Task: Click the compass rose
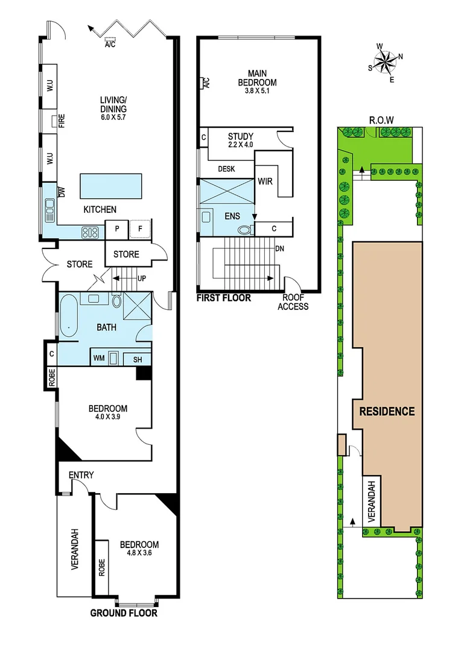pyautogui.click(x=384, y=61)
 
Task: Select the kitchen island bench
pyautogui.click(x=111, y=185)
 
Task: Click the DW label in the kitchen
pyautogui.click(x=61, y=192)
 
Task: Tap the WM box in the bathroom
pyautogui.click(x=98, y=358)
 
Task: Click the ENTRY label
pyautogui.click(x=81, y=475)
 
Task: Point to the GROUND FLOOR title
pyautogui.click(x=124, y=614)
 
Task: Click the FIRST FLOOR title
pyautogui.click(x=223, y=298)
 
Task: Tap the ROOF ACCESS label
pyautogui.click(x=293, y=302)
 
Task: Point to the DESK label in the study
pyautogui.click(x=226, y=169)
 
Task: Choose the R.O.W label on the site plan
pyautogui.click(x=381, y=120)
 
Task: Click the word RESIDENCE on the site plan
pyautogui.click(x=387, y=412)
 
